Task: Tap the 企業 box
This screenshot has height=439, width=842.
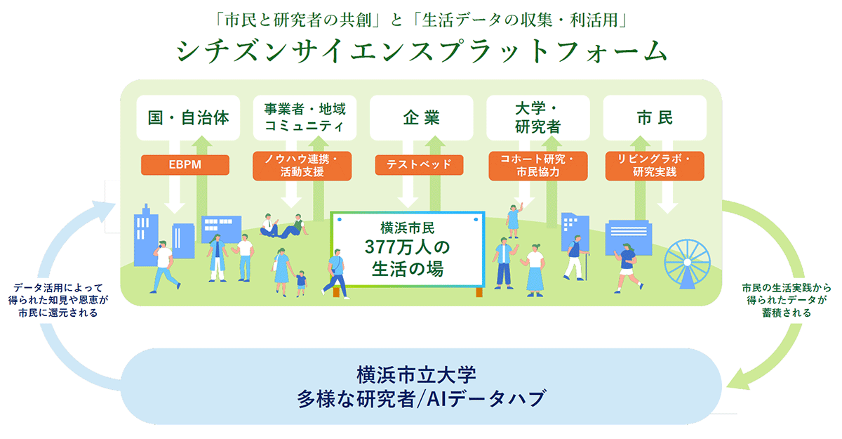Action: [421, 117]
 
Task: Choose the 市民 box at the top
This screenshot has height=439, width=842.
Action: [655, 117]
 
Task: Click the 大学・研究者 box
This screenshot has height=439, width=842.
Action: [538, 117]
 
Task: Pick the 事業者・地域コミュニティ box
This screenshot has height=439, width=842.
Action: [305, 117]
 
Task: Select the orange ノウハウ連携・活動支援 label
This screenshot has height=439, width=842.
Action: [303, 166]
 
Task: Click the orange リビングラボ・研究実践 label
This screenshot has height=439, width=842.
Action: [654, 166]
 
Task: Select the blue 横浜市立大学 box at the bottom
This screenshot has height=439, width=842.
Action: [421, 386]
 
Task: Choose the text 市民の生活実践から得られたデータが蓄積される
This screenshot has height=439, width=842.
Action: [784, 300]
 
